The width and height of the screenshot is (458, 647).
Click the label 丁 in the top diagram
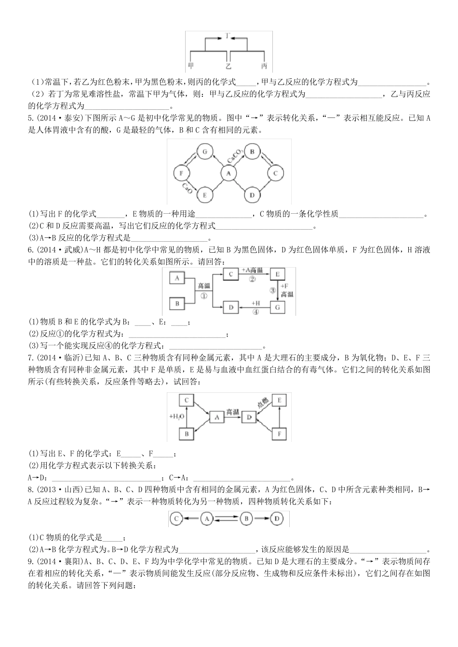coord(229,36)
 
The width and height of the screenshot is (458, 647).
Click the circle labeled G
coord(204,152)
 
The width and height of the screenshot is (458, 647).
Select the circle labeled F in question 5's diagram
coord(181,173)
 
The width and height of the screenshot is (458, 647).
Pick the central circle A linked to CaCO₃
coord(228,173)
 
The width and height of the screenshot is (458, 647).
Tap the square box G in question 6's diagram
coord(277,306)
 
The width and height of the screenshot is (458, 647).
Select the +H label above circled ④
coord(255,303)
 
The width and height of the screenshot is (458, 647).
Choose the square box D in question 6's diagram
coord(231,306)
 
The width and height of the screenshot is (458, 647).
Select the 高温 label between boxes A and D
coord(233,412)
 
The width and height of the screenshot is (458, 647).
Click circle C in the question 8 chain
coord(176,519)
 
